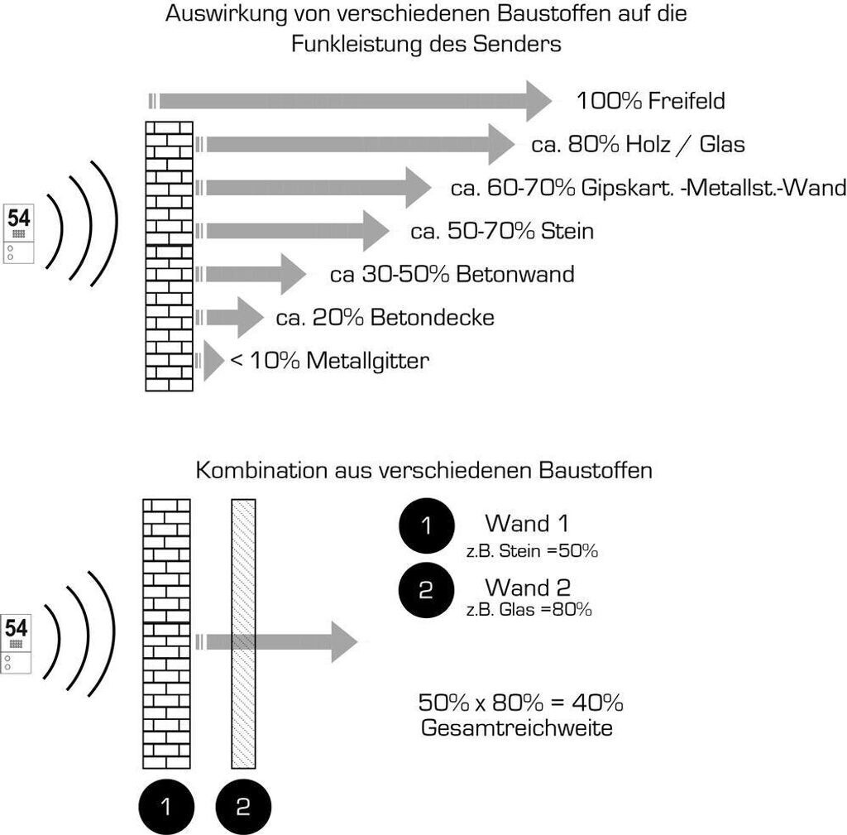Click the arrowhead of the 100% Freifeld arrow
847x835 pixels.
pyautogui.click(x=538, y=101)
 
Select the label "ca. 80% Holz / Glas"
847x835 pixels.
pyautogui.click(x=638, y=145)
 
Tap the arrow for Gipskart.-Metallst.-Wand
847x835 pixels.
pyautogui.click(x=314, y=188)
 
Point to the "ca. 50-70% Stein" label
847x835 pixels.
pyautogui.click(x=502, y=231)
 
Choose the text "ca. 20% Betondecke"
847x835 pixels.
pyautogui.click(x=385, y=317)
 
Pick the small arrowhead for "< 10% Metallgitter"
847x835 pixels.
pyautogui.click(x=213, y=361)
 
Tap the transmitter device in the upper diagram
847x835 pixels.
pyautogui.click(x=19, y=233)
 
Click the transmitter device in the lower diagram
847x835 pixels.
pyautogui.click(x=17, y=641)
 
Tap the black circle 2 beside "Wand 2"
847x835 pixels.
pyautogui.click(x=426, y=590)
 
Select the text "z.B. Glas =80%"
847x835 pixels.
pyautogui.click(x=529, y=611)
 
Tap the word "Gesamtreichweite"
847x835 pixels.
pyautogui.click(x=517, y=729)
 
